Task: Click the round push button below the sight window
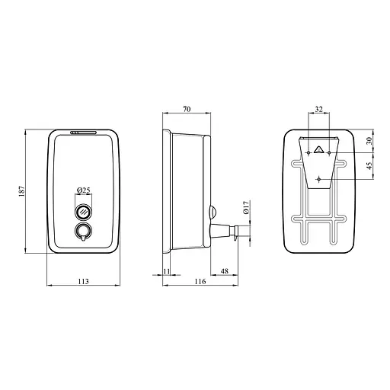83,232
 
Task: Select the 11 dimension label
168,270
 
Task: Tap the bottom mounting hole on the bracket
319,180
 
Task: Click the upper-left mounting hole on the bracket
308,152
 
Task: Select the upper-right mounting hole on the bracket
330,152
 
